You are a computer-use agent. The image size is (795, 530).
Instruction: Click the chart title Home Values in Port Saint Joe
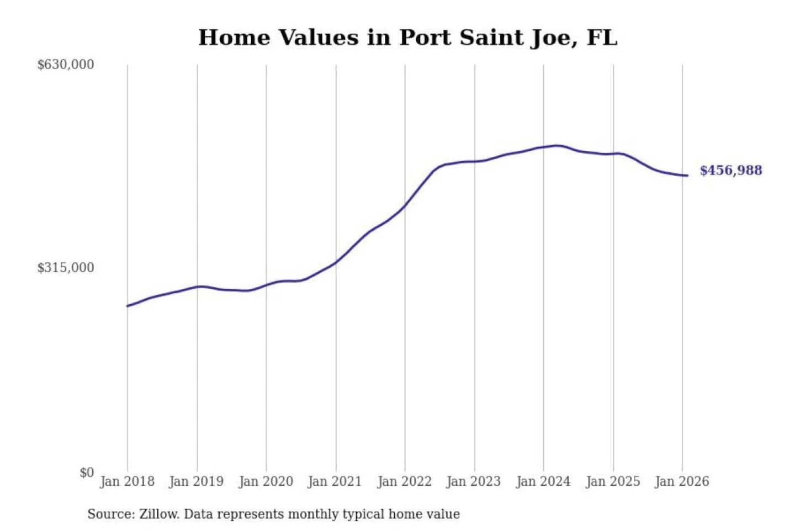click(x=407, y=38)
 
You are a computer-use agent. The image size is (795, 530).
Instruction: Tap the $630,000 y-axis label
click(x=65, y=65)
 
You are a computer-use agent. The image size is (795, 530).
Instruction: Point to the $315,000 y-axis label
click(x=65, y=268)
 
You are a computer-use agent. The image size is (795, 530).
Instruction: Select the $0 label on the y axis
click(x=87, y=473)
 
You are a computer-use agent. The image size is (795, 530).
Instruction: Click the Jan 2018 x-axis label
click(x=127, y=481)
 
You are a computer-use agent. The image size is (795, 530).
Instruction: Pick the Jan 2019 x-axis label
click(x=196, y=481)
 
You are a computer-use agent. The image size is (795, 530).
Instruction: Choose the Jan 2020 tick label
click(x=266, y=481)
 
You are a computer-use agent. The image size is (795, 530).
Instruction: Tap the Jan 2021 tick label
click(x=335, y=481)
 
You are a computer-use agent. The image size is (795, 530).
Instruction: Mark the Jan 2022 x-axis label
click(x=404, y=481)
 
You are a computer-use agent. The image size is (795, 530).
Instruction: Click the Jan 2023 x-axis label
click(x=473, y=481)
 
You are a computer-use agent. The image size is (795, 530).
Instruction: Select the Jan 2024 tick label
click(x=543, y=481)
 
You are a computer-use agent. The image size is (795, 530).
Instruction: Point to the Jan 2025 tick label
click(x=612, y=481)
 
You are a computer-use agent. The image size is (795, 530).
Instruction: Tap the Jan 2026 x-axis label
click(x=681, y=481)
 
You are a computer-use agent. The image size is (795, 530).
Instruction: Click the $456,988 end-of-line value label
click(x=730, y=171)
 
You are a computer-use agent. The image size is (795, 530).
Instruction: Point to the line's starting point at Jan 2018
click(x=128, y=306)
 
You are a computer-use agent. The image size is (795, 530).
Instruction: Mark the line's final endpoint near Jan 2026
click(x=687, y=176)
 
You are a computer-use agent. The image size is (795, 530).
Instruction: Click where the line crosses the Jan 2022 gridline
click(x=405, y=206)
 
